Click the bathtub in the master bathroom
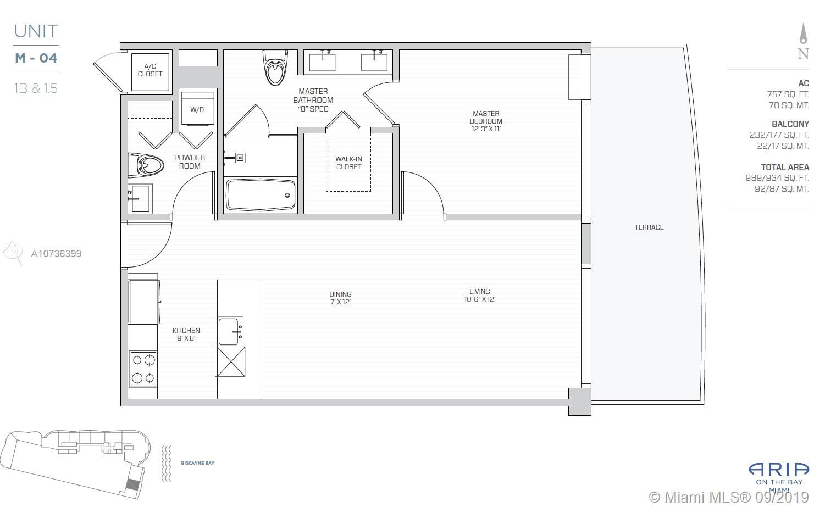pyautogui.click(x=261, y=195)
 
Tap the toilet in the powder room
pyautogui.click(x=146, y=165)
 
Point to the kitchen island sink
pyautogui.click(x=230, y=331)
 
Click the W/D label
pyautogui.click(x=197, y=110)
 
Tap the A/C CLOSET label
pyautogui.click(x=150, y=70)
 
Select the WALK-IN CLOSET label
pyautogui.click(x=348, y=163)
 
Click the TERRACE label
pyautogui.click(x=649, y=227)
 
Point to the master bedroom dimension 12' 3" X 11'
pyautogui.click(x=486, y=129)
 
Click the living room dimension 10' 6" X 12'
pyautogui.click(x=479, y=299)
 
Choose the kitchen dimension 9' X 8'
pyautogui.click(x=186, y=338)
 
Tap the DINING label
pyautogui.click(x=341, y=294)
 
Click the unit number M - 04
pyautogui.click(x=36, y=58)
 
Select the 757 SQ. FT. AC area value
pyautogui.click(x=788, y=94)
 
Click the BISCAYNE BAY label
pyautogui.click(x=198, y=463)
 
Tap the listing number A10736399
pyautogui.click(x=56, y=254)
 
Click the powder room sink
pyautogui.click(x=140, y=198)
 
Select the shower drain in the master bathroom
pyautogui.click(x=240, y=158)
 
